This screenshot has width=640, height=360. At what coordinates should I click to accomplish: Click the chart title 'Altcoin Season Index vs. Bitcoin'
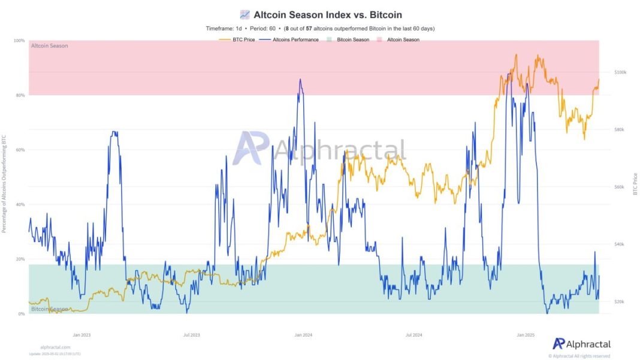[327, 14]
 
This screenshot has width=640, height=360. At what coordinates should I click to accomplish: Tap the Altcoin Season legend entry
[403, 40]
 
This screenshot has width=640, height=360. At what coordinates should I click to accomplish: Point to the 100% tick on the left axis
[19, 41]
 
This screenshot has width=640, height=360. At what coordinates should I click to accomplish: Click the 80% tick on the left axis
[20, 95]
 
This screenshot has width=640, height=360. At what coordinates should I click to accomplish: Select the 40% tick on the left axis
[20, 205]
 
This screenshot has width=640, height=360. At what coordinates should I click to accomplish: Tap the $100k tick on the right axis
[620, 72]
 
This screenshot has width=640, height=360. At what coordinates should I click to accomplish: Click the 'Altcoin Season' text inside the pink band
[49, 46]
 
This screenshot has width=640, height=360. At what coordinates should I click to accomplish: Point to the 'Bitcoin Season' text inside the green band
[49, 309]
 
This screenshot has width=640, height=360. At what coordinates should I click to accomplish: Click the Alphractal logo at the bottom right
[581, 344]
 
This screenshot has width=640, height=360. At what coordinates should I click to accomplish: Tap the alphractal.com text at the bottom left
[55, 347]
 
